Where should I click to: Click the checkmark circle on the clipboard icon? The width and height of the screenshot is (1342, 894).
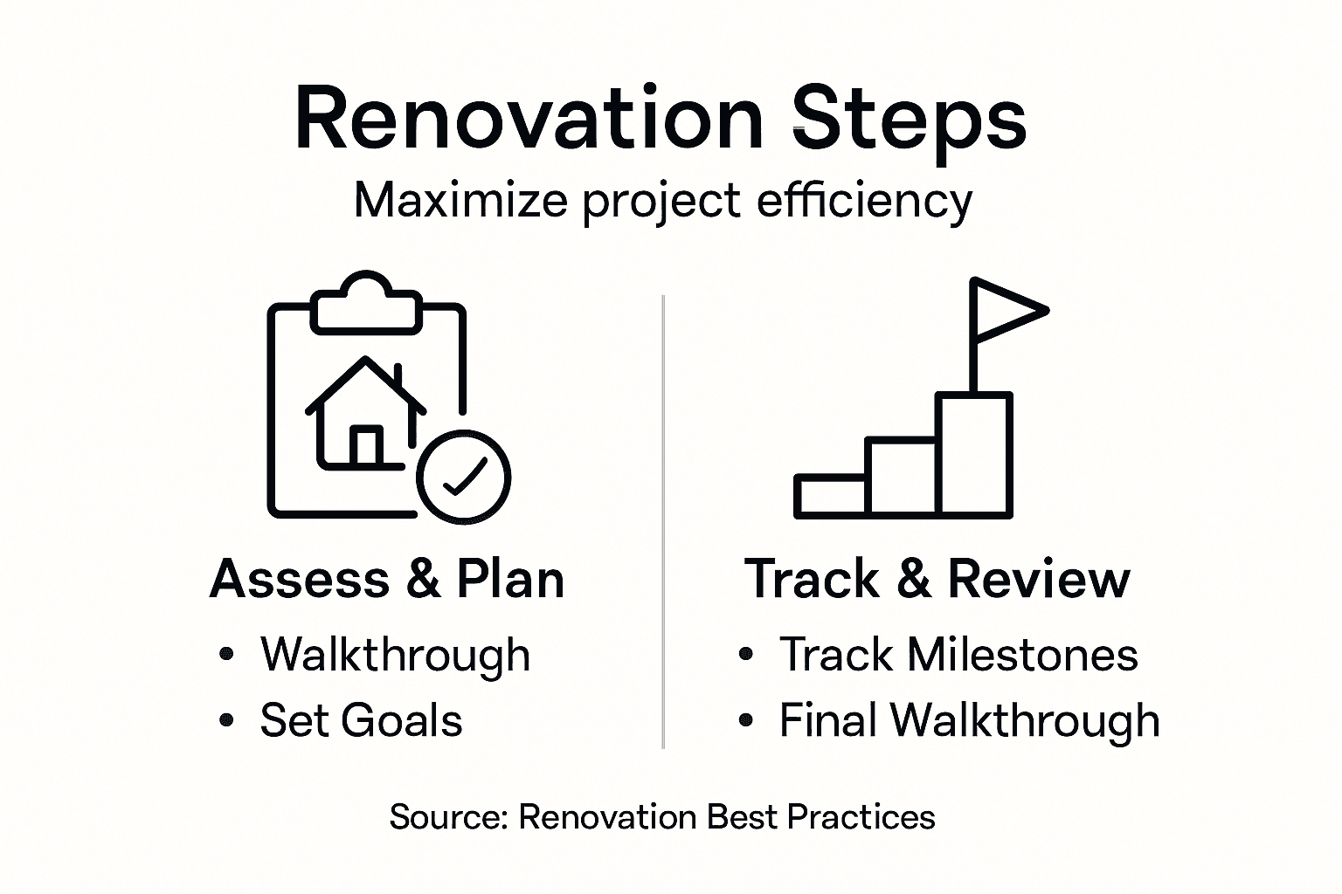coord(463,477)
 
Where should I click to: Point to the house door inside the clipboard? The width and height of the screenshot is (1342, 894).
coord(365,445)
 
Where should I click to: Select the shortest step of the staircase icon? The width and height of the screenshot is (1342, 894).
coord(830,496)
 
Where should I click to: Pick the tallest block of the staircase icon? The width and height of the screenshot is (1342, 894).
coord(974,454)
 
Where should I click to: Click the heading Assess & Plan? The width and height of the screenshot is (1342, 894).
coord(387,579)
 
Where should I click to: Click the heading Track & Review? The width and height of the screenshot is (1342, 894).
coord(937,579)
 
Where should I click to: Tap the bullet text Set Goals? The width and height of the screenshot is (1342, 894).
coord(361,720)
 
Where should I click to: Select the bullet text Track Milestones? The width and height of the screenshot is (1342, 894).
coord(958,654)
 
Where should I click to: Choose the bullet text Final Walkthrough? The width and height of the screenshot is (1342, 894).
coord(969,720)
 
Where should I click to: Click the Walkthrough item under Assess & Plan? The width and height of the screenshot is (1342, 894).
coord(395,654)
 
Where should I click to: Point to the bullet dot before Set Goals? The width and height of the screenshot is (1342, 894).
coord(227,720)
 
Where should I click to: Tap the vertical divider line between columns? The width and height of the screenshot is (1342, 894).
coord(663,524)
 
